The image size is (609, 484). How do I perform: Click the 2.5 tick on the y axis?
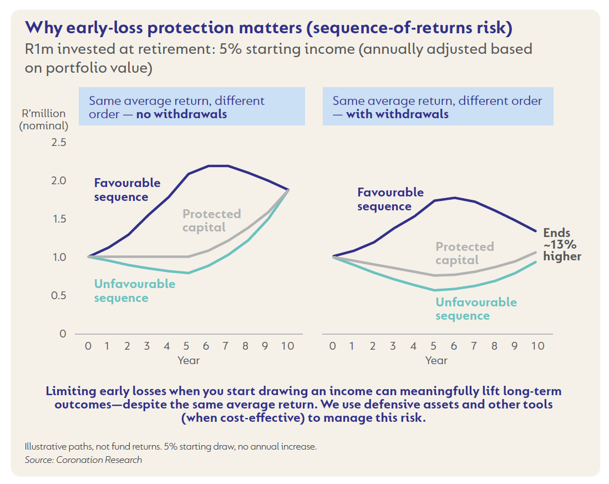pyautogui.click(x=59, y=143)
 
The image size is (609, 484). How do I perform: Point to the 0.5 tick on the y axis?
pyautogui.click(x=59, y=296)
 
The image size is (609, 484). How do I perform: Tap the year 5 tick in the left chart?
pyautogui.click(x=186, y=346)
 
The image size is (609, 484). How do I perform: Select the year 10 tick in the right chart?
pyautogui.click(x=537, y=346)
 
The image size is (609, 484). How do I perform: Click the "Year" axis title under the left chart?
pyautogui.click(x=189, y=361)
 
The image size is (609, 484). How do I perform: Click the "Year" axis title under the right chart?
pyautogui.click(x=436, y=361)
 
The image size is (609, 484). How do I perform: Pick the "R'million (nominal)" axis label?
pyautogui.click(x=44, y=120)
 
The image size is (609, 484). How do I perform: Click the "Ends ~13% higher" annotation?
pyautogui.click(x=562, y=245)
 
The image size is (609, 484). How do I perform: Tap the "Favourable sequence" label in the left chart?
pyautogui.click(x=127, y=190)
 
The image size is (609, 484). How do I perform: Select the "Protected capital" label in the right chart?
pyautogui.click(x=464, y=253)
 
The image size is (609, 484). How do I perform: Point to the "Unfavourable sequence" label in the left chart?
pyautogui.click(x=134, y=291)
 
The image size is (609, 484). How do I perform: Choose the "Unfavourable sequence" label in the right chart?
pyautogui.click(x=476, y=309)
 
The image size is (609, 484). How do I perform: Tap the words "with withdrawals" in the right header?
pyautogui.click(x=397, y=115)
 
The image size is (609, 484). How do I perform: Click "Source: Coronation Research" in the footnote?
pyautogui.click(x=83, y=460)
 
